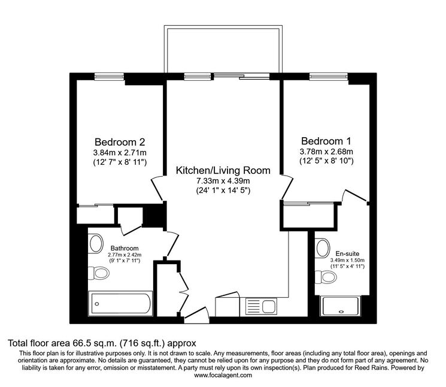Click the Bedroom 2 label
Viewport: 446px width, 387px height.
pyautogui.click(x=120, y=142)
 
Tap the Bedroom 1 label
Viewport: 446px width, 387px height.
pyautogui.click(x=326, y=141)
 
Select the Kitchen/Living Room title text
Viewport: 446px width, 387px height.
pyautogui.click(x=223, y=170)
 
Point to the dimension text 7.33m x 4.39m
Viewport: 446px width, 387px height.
pyautogui.click(x=223, y=181)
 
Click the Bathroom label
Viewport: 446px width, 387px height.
pyautogui.click(x=125, y=248)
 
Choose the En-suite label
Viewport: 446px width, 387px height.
pyautogui.click(x=347, y=253)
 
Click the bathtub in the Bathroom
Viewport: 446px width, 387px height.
pyautogui.click(x=121, y=304)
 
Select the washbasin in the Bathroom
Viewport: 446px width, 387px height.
pyautogui.click(x=96, y=243)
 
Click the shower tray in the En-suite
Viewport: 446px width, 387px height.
pyautogui.click(x=340, y=306)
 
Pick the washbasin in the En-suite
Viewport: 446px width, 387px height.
pyautogui.click(x=323, y=248)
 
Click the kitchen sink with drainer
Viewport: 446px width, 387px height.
pyautogui.click(x=261, y=307)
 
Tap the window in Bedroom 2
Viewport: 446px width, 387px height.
pyautogui.click(x=109, y=77)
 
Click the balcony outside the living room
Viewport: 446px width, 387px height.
pyautogui.click(x=223, y=49)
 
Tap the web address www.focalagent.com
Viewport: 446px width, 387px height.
pyautogui.click(x=223, y=375)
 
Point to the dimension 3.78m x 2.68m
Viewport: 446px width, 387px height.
pyautogui.click(x=326, y=152)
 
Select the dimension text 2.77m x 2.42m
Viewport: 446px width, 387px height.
pyautogui.click(x=125, y=255)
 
